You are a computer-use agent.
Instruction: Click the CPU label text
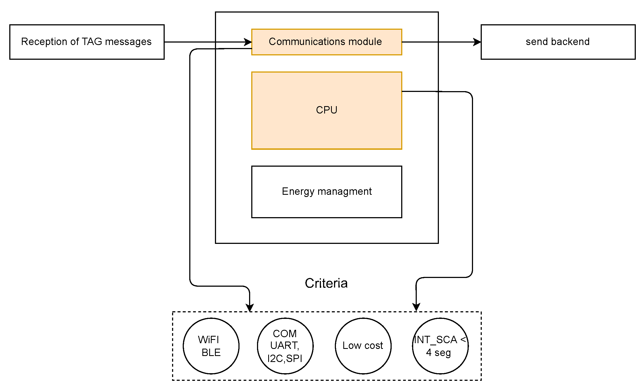(326, 110)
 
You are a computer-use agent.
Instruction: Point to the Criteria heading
(326, 283)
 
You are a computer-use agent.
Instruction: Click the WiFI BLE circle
(211, 346)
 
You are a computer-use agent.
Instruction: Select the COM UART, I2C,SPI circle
(285, 346)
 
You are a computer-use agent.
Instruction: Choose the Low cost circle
(363, 346)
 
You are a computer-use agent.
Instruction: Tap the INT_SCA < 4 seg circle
(440, 346)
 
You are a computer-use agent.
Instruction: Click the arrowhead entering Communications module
(248, 42)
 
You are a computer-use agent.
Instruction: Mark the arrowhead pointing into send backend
(477, 42)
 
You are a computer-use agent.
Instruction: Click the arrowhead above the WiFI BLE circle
(250, 307)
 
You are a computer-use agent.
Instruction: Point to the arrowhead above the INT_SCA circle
(416, 307)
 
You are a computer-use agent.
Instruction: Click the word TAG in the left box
(92, 42)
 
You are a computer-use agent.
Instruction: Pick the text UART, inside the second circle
(285, 345)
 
